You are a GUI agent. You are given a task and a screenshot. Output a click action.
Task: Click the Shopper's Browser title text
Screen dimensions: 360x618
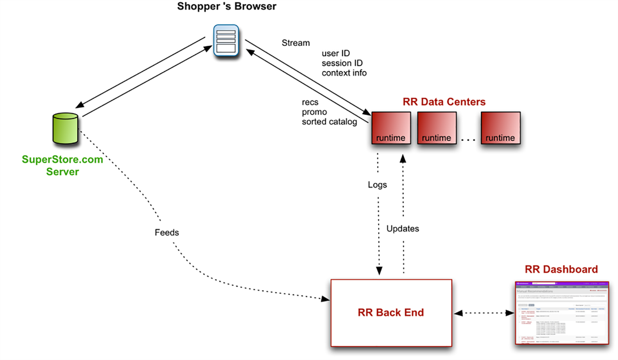227,7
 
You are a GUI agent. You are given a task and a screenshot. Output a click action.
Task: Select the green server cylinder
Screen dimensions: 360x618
66,128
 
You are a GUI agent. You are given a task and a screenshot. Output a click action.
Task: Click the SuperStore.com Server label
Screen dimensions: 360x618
63,166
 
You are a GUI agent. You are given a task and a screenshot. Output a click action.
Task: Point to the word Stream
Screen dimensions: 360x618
295,43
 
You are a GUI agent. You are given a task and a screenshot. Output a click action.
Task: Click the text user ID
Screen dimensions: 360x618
336,54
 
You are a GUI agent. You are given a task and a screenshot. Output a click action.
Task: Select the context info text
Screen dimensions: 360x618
344,73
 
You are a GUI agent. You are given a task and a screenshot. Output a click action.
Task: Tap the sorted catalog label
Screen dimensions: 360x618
329,122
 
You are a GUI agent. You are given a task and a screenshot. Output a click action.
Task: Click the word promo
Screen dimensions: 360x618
314,112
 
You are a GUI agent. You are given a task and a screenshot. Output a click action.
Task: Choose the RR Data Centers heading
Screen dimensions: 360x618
444,102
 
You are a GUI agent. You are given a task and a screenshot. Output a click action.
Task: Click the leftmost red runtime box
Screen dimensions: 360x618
390,128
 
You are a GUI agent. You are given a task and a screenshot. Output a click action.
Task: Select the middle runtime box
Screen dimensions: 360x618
436,128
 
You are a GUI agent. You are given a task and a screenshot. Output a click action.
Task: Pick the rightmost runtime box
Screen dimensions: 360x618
500,128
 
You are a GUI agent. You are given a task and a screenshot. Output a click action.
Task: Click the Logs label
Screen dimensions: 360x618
377,185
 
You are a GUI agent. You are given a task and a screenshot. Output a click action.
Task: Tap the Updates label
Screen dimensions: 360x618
402,229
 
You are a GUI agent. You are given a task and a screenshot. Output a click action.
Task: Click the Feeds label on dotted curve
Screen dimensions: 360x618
166,233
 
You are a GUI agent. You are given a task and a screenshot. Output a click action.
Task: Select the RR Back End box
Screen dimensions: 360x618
391,312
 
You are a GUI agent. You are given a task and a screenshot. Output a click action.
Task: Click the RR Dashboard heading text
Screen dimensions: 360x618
561,269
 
